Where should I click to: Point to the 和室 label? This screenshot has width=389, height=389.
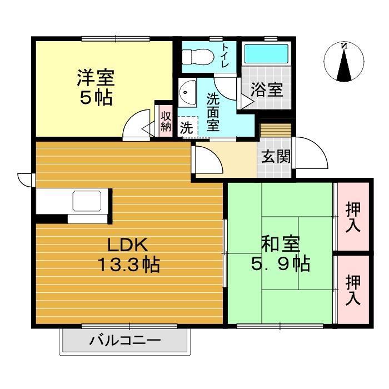point(281,244)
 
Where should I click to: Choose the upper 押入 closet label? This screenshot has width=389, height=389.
point(353,216)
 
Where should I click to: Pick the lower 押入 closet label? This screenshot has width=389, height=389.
point(353,288)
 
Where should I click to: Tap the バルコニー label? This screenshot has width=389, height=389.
point(125,340)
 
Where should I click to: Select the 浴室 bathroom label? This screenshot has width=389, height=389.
point(267,89)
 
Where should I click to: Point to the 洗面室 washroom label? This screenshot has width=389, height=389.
point(213,112)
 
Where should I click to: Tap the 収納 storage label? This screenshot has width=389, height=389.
point(165,121)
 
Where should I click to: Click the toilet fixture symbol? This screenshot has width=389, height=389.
point(197,56)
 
